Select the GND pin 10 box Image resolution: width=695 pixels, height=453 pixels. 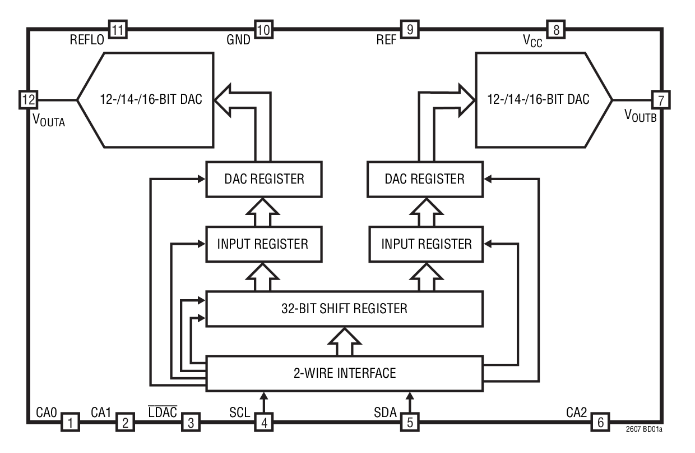263,29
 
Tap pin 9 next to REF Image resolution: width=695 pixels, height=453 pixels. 409,29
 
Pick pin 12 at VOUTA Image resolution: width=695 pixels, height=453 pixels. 27,100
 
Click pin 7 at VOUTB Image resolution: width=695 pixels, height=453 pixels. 661,100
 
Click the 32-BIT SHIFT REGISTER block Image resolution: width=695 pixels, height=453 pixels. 344,308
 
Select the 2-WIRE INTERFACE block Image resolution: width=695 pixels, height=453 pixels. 344,373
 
